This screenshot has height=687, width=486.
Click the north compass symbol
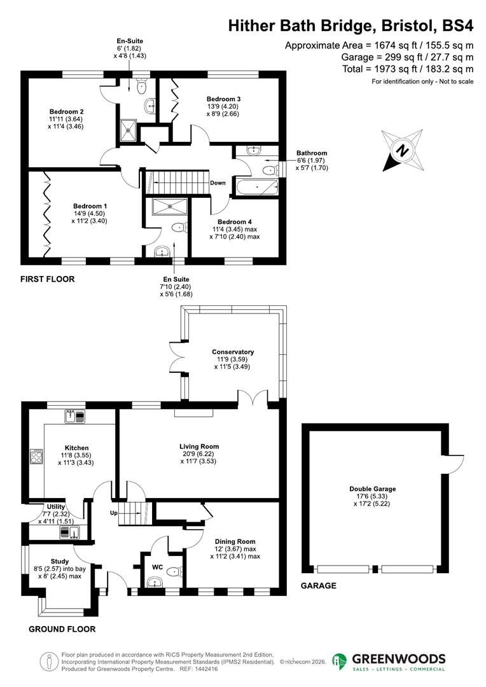402,151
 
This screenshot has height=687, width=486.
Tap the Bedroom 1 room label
90,206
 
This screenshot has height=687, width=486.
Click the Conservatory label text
233,352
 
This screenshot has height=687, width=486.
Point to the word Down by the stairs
218,183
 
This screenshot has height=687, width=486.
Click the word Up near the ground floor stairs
115,513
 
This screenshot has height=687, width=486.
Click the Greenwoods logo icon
340,662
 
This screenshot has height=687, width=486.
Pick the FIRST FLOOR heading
47,279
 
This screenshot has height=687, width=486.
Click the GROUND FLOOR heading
62,629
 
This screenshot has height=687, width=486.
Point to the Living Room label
199,447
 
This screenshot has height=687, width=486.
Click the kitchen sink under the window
75,417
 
